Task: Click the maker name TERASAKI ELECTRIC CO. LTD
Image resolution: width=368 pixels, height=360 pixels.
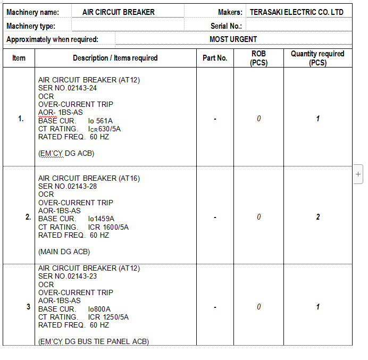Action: (297, 12)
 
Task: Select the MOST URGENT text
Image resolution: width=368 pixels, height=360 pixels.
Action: (233, 39)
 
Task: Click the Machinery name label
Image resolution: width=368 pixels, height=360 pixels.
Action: (33, 12)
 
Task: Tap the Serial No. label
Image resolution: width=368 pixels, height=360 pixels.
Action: (226, 26)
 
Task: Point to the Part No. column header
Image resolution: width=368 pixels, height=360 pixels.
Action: (215, 58)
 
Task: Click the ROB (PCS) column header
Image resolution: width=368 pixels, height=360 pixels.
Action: (258, 58)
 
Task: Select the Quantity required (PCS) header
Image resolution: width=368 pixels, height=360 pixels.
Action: (317, 58)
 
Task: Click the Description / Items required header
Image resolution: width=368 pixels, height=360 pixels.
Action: (115, 58)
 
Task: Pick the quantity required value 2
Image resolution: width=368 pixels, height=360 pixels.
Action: (318, 217)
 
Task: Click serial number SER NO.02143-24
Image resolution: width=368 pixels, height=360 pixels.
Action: (68, 88)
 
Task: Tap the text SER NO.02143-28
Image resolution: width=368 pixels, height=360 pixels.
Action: (68, 186)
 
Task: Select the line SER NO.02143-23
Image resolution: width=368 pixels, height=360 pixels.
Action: (68, 277)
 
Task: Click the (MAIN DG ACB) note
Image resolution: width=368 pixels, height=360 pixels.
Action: (64, 252)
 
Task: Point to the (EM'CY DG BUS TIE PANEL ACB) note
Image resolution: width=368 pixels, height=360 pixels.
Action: (94, 341)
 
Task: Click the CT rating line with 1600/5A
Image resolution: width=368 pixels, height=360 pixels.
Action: (83, 227)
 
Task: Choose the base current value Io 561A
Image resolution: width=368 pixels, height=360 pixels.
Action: (101, 121)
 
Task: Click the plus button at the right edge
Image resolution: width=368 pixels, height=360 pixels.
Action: (358, 174)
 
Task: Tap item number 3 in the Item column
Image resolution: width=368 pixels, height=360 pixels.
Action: (28, 307)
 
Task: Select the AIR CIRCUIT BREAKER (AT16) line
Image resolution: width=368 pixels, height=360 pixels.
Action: (89, 178)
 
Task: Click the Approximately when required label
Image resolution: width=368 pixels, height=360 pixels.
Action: (52, 39)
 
